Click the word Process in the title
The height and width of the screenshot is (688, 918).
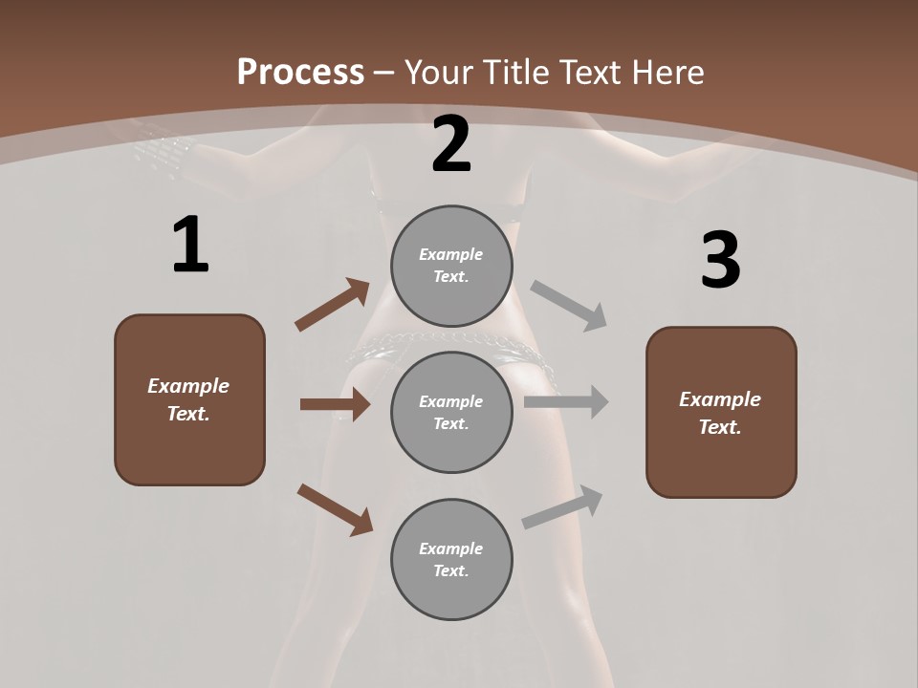[x=300, y=73]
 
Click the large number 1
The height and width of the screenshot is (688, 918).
[x=189, y=246]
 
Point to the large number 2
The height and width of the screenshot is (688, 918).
[x=451, y=144]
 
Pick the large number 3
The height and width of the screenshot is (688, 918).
[x=720, y=261]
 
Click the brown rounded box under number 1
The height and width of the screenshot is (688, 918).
[x=189, y=399]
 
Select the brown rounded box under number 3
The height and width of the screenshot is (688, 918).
[x=721, y=412]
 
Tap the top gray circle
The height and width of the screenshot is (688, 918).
[x=451, y=266]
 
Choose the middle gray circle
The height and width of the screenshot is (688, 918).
[x=451, y=412]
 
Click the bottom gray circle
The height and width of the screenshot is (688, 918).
[x=451, y=559]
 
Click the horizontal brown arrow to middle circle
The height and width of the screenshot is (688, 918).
[x=335, y=404]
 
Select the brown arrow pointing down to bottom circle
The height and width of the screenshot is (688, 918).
[x=336, y=509]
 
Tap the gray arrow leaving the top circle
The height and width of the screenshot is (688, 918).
[x=569, y=305]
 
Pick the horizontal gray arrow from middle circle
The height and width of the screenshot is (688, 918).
[x=566, y=402]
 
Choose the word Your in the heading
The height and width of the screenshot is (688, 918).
[x=441, y=73]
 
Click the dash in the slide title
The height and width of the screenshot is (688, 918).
[x=383, y=73]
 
